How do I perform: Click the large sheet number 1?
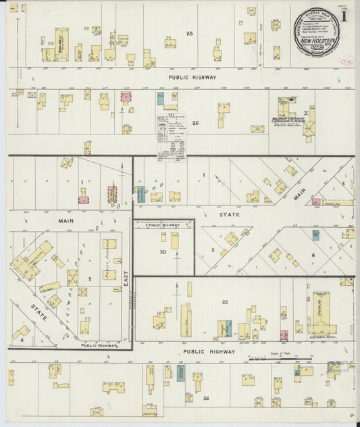click(345, 14)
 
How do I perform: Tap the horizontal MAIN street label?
click(65, 220)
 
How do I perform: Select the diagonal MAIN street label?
click(299, 195)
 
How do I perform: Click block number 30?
click(163, 251)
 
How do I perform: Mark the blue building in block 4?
click(315, 234)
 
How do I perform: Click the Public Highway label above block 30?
click(163, 225)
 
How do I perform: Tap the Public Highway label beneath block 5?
click(99, 345)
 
